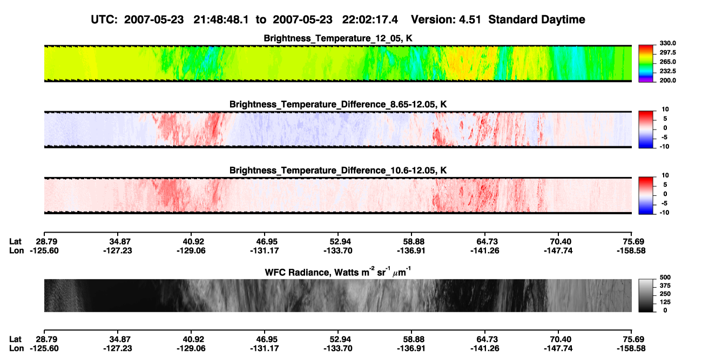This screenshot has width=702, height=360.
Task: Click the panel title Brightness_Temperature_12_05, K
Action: pos(338,38)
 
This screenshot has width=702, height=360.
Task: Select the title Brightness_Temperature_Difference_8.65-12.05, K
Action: pos(338,104)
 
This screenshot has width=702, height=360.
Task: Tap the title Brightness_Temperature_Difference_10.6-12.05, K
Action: pos(338,171)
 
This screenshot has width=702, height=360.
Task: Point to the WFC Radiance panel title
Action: pos(338,272)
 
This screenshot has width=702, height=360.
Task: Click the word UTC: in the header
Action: pos(104,20)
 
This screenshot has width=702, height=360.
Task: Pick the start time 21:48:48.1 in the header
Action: pos(221,20)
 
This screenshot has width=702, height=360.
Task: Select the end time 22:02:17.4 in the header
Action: pos(370,20)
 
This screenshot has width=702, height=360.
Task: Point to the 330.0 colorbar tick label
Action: pos(667,43)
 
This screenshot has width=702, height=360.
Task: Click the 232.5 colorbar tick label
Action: pos(667,71)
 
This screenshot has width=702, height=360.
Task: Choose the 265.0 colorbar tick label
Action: pos(667,62)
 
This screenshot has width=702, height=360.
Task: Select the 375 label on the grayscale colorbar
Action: pos(665,286)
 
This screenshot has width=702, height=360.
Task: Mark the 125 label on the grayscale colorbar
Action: pos(665,302)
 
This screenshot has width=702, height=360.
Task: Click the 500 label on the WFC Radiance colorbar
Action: pos(665,277)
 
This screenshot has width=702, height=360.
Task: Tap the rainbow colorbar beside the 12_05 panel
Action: pos(646,64)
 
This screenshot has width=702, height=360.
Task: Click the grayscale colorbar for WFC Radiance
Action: pos(646,295)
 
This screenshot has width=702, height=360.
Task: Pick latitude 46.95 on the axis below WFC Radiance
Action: pos(265,339)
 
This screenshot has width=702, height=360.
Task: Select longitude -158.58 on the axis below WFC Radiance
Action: pos(631,349)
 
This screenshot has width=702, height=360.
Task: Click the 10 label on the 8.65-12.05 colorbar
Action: pos(665,110)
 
